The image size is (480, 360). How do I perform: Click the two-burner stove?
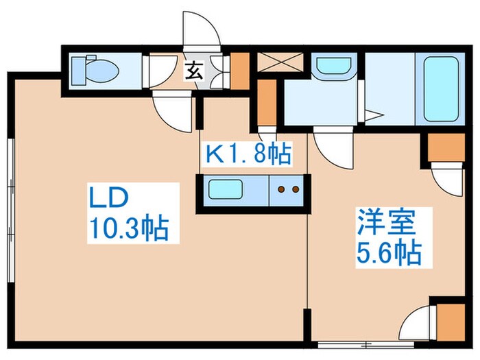(286, 189)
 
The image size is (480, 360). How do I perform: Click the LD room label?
(108, 199)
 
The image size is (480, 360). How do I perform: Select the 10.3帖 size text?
(128, 228)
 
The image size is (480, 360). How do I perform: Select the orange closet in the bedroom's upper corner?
(446, 147)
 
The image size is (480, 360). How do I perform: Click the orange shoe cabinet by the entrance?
(239, 69)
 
